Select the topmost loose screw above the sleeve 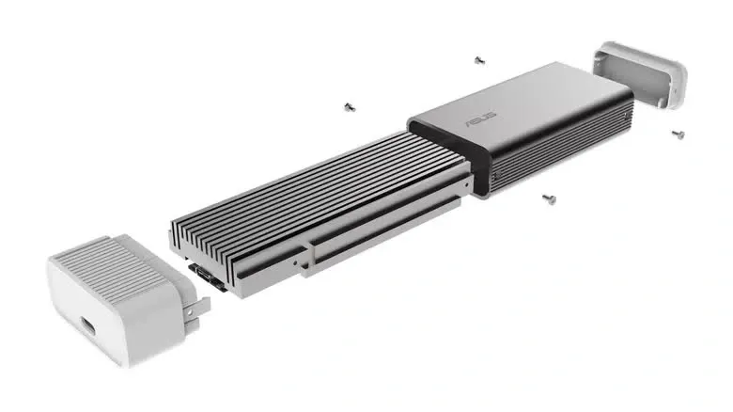coord(479,60)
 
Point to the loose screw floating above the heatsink coord(350,106)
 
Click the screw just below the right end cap coord(678,134)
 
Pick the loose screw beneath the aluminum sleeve coord(547,198)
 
